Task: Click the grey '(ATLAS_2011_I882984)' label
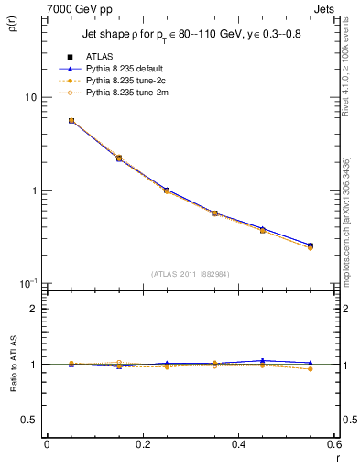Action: pos(190,274)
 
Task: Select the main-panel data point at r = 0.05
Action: pos(71,120)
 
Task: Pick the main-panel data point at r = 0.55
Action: pos(311,245)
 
